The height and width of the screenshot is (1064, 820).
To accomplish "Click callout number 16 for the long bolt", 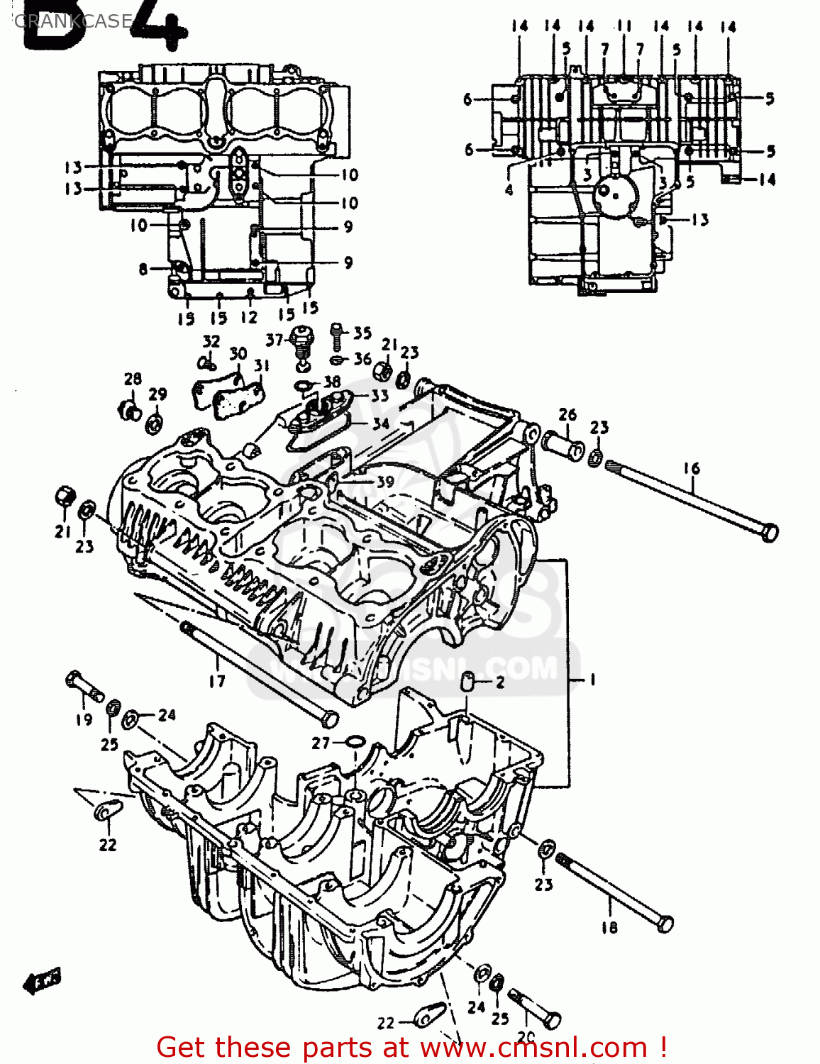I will [692, 468].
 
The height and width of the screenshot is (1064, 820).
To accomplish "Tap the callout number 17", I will [217, 681].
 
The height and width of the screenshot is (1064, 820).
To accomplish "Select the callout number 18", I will [609, 926].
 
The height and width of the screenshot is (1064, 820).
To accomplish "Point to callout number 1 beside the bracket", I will [592, 680].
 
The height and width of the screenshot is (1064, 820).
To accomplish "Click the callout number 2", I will [500, 682].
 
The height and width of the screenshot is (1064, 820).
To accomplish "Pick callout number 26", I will [567, 414].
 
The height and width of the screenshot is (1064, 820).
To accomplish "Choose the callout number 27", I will [321, 743].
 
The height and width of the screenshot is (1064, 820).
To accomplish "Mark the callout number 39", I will [384, 482].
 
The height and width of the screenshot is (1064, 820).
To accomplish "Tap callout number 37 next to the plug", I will [275, 340].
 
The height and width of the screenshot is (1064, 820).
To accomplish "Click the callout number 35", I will [362, 333].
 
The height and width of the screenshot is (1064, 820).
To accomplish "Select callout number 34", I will [381, 423].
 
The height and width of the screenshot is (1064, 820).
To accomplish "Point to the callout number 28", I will [133, 379].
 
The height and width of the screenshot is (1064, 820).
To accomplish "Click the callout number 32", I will [211, 341].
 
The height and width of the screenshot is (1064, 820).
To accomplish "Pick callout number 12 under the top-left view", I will [248, 317].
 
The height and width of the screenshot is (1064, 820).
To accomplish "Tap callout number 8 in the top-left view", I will [143, 269].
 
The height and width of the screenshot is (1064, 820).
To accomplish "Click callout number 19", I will [84, 719].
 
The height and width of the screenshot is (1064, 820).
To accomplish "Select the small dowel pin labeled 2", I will [467, 682].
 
